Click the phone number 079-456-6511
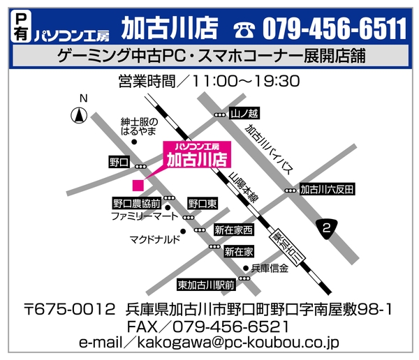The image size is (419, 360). pyautogui.click(x=335, y=29)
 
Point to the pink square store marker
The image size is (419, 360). pyautogui.click(x=138, y=185)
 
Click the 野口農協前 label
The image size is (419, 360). pyautogui.click(x=137, y=204)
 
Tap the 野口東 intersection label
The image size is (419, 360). pyautogui.click(x=203, y=204)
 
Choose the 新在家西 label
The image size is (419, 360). pyautogui.click(x=233, y=229)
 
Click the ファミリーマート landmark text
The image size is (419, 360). pyautogui.click(x=145, y=217)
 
